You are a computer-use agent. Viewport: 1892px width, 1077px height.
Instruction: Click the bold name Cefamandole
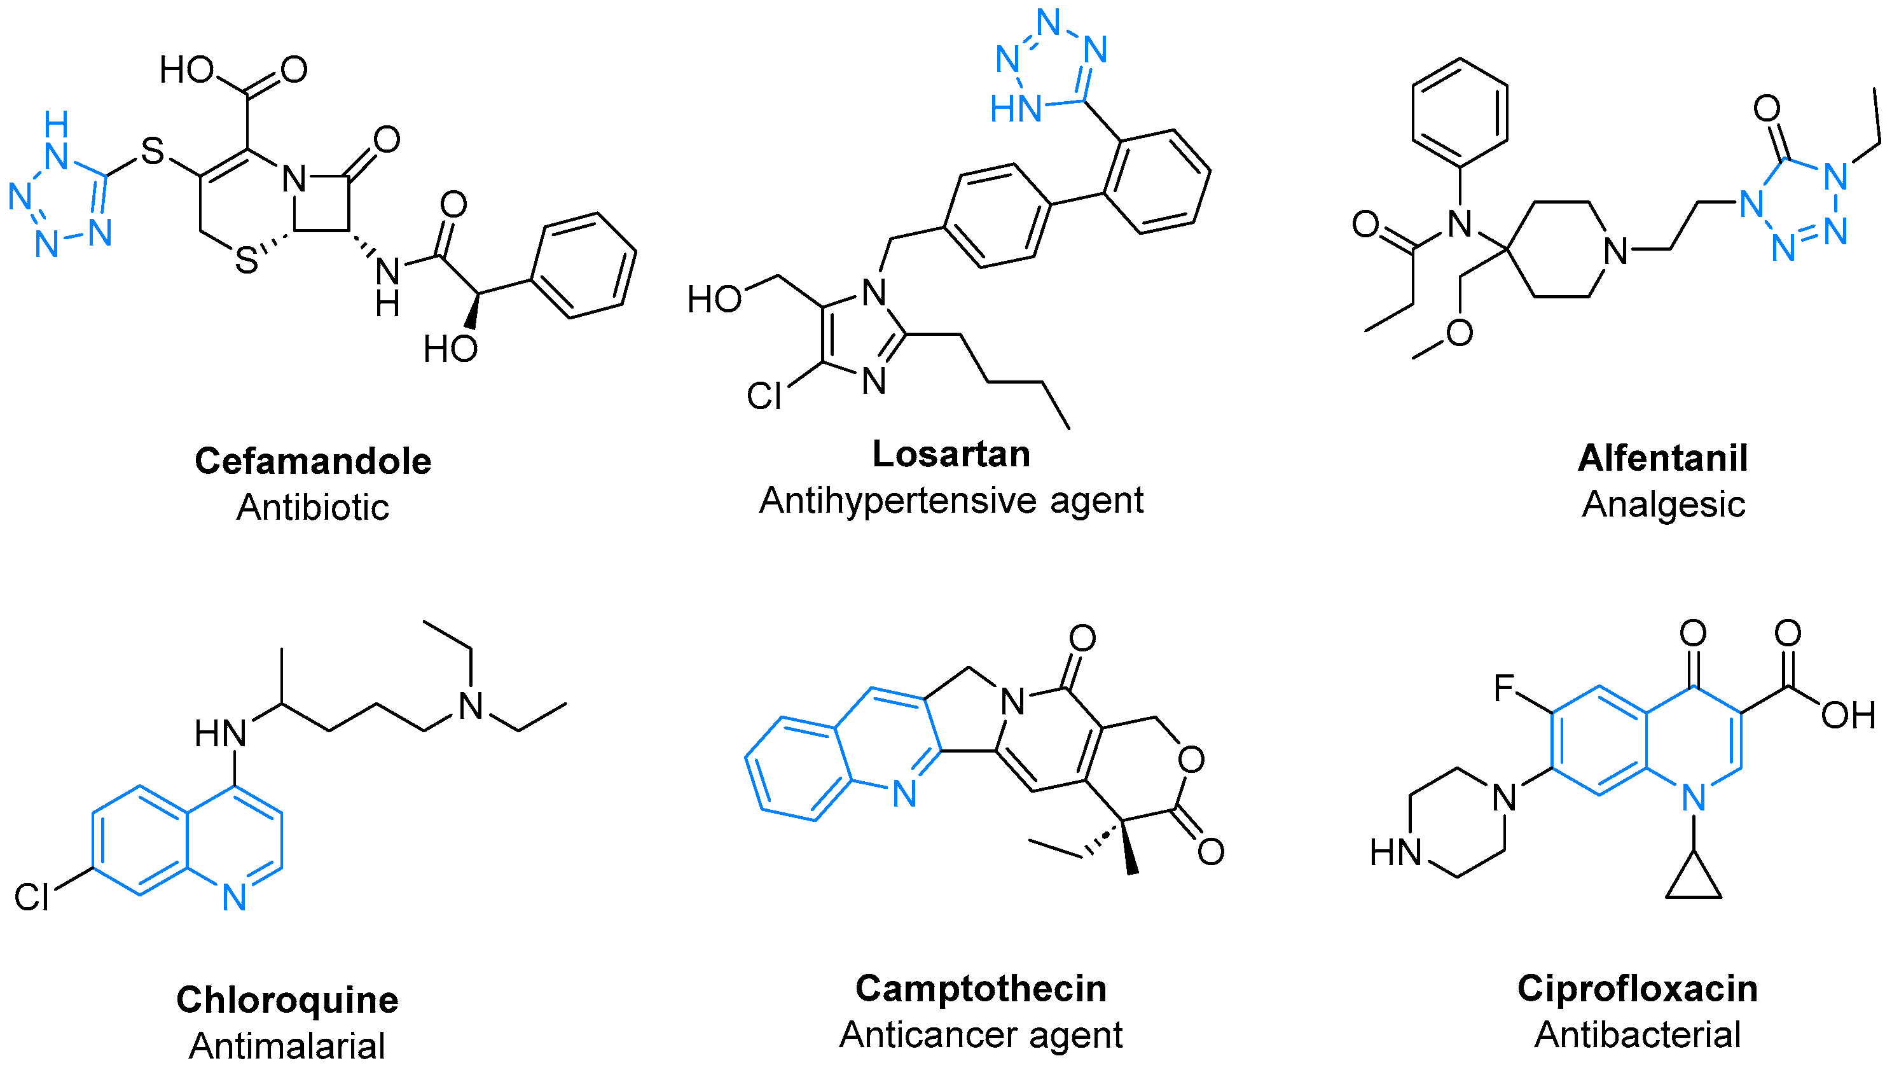point(313,462)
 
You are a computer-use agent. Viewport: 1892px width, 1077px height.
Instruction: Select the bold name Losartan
point(951,454)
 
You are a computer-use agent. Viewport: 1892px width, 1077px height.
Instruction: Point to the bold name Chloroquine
point(287,1000)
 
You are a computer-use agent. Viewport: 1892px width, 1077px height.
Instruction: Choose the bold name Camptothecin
point(981,989)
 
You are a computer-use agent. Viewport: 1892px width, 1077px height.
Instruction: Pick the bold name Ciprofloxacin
point(1637,989)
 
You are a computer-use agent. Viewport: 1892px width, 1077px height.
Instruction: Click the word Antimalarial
point(287,1046)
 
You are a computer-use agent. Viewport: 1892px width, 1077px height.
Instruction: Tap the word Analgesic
point(1663,504)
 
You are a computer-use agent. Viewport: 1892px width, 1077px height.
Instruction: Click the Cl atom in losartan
point(763,396)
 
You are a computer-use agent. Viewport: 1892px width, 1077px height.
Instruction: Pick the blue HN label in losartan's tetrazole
point(1016,109)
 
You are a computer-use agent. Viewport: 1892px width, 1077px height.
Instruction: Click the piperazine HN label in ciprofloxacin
point(1395,852)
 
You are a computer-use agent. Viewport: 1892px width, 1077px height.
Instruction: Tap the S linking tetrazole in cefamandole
point(151,151)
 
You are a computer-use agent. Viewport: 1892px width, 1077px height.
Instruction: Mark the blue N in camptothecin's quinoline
point(904,795)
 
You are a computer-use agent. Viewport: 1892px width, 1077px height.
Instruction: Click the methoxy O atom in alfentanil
point(1459,333)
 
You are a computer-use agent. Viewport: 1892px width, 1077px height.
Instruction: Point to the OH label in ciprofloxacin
point(1847,715)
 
